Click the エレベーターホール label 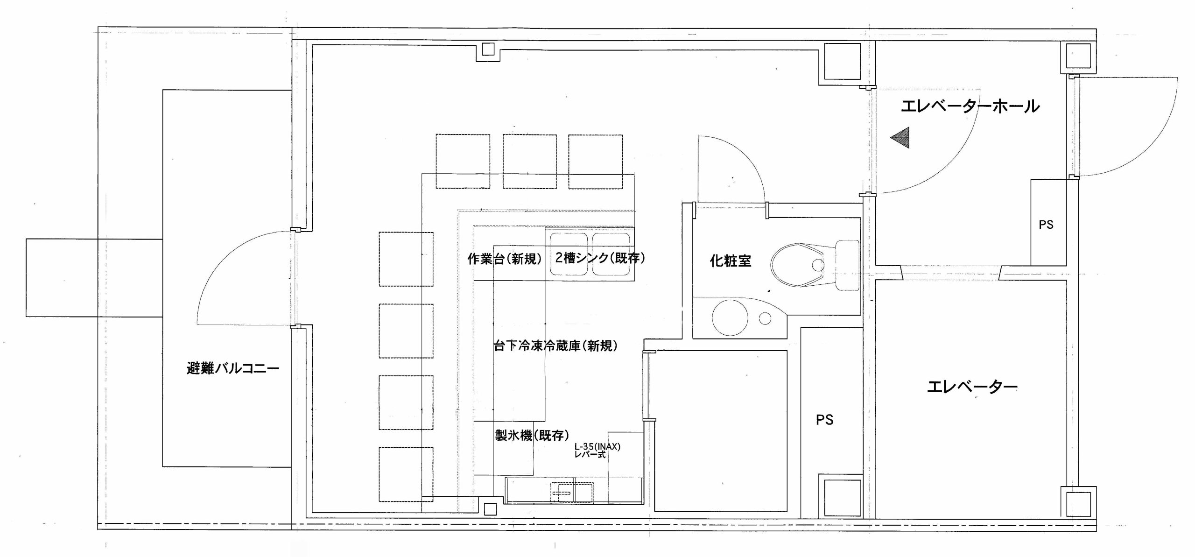tap(970, 106)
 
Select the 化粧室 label tap(731, 261)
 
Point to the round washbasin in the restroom tap(730, 318)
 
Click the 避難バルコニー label tap(233, 368)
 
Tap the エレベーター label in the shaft tap(972, 387)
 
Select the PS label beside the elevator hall tap(1046, 225)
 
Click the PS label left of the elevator tap(824, 420)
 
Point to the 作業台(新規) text tap(505, 259)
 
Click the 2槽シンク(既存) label tap(600, 258)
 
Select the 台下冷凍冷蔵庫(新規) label tap(555, 345)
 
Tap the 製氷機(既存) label tap(532, 435)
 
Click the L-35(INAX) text tap(597, 446)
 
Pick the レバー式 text tap(590, 454)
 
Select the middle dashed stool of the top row tap(529, 162)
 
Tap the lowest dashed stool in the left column tap(406, 474)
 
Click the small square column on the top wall tap(488, 49)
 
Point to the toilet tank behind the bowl tap(847, 265)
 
